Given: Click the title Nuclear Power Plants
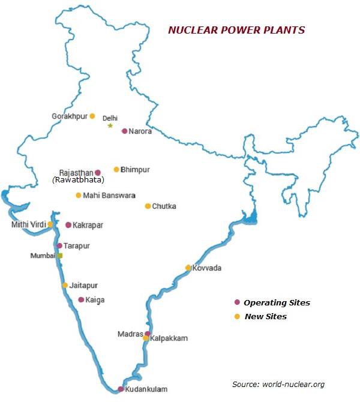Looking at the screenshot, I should click(x=236, y=30).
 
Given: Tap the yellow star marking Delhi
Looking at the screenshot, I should click(x=110, y=125).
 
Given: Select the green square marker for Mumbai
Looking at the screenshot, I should click(x=59, y=256).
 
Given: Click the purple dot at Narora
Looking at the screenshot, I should click(x=124, y=131).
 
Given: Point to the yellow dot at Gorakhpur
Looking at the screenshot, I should click(x=92, y=116).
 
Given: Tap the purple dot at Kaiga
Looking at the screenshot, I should click(x=81, y=299).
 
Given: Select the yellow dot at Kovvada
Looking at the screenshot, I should click(x=188, y=268).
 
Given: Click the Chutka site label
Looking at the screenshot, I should click(x=164, y=206).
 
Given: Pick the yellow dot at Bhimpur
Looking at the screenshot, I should click(x=116, y=169).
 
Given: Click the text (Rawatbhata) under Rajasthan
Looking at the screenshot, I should click(x=78, y=179).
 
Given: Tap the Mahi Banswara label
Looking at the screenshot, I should click(x=109, y=195).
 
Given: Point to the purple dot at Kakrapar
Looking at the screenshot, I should click(x=68, y=225).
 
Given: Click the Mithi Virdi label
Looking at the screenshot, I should click(x=29, y=224).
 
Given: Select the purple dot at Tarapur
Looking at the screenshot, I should click(x=59, y=245).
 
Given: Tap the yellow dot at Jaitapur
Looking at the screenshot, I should click(x=65, y=285).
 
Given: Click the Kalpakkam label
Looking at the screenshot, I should click(x=169, y=338).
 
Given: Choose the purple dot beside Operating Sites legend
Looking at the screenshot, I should click(x=237, y=302).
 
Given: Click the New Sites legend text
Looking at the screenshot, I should click(x=265, y=316).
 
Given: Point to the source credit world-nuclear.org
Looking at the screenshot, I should click(x=278, y=384).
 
